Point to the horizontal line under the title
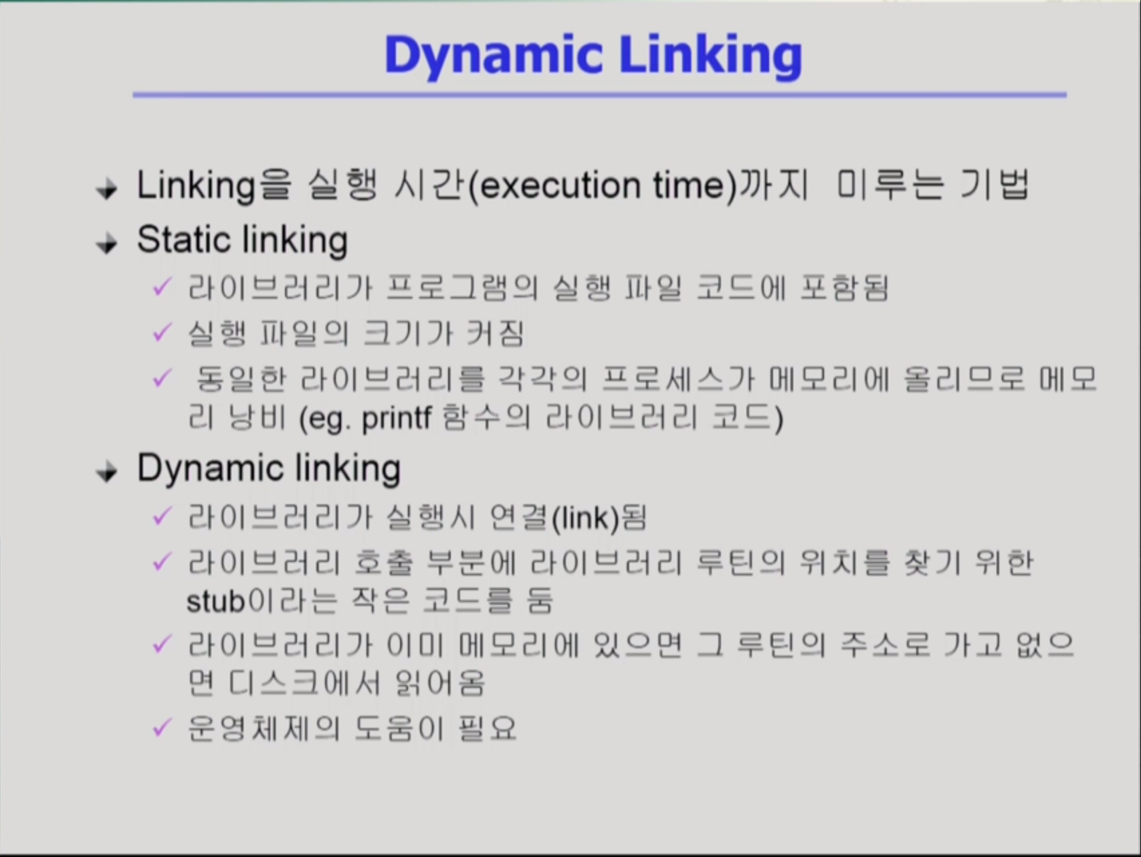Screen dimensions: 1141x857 599,95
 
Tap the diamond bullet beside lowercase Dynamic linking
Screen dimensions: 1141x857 107,472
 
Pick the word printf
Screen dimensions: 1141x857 396,419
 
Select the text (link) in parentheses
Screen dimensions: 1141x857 586,518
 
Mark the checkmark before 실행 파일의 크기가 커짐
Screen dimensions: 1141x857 163,331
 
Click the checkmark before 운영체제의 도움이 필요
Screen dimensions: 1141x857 163,727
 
